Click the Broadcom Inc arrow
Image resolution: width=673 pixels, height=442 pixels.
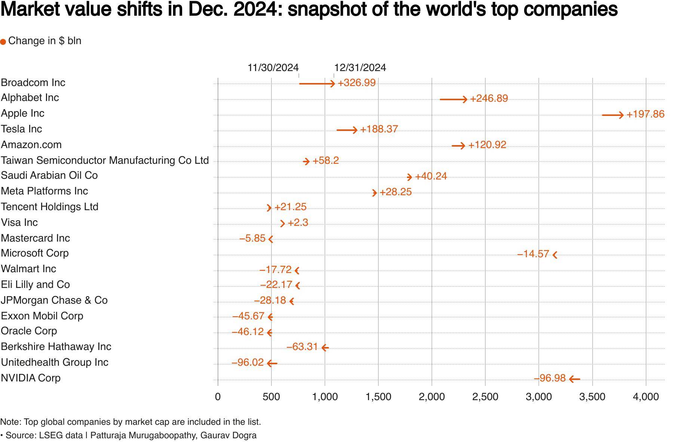[x=317, y=83]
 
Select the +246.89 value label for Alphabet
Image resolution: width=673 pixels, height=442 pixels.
[x=489, y=99]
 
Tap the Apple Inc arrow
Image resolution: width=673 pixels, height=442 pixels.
[x=613, y=115]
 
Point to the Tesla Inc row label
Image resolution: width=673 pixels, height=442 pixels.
[x=21, y=129]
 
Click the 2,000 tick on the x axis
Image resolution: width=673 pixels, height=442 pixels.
[x=431, y=397]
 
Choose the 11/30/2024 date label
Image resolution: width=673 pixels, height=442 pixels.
[x=273, y=68]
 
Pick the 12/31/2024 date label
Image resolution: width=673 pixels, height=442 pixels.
[x=360, y=68]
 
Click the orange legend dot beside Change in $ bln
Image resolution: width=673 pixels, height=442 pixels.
[x=3, y=42]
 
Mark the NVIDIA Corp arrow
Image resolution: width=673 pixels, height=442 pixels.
[x=574, y=379]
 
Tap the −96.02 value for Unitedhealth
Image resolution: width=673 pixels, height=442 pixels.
[x=248, y=363]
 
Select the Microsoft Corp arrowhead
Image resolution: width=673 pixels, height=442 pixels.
[x=555, y=255]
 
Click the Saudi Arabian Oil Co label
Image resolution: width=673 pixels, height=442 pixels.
[x=49, y=175]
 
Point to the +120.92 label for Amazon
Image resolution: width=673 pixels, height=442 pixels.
[x=487, y=145]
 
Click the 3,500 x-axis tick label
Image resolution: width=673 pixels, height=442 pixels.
[x=592, y=397]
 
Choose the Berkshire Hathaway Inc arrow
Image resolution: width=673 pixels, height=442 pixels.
[x=325, y=348]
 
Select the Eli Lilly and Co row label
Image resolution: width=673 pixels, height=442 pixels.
[x=36, y=285]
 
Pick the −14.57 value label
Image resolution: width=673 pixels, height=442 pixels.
[x=533, y=254]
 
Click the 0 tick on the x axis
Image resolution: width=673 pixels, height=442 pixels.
[x=218, y=397]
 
